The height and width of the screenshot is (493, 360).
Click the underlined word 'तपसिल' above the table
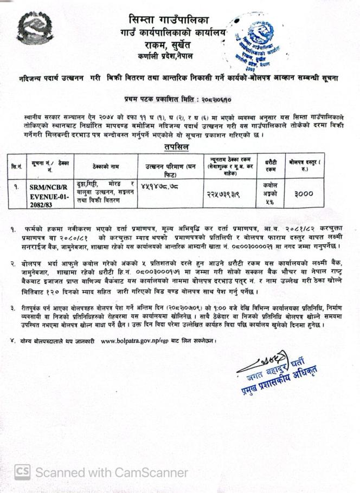click(x=177, y=147)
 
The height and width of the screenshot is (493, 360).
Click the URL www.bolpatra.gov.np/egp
click(x=143, y=341)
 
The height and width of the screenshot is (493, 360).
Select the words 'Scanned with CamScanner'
click(x=112, y=472)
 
